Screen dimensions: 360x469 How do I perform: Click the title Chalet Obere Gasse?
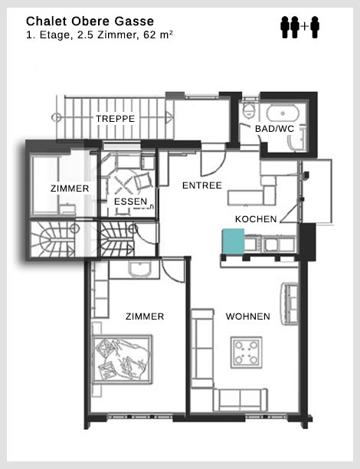click(90, 21)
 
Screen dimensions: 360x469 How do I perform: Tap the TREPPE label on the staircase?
click(115, 119)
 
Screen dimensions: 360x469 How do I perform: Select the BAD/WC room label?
click(274, 129)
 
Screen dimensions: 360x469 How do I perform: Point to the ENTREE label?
click(202, 185)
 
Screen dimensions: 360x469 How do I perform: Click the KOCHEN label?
click(256, 219)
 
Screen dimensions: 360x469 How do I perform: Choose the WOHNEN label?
click(248, 316)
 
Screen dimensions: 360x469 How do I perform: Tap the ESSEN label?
click(131, 202)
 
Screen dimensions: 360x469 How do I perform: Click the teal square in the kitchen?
click(233, 241)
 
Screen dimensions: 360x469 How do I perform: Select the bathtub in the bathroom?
click(283, 113)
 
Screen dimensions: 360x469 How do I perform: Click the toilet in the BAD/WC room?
click(248, 110)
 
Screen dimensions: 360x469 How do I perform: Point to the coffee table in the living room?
click(247, 353)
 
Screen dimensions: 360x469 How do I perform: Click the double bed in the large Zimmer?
click(123, 359)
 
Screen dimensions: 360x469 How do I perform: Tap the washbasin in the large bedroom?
click(139, 269)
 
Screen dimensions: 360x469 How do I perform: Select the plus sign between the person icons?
click(304, 27)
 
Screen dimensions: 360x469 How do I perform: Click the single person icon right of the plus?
click(315, 28)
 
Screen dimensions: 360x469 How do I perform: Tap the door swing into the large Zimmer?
click(173, 271)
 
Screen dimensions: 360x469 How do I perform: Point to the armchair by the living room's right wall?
click(289, 303)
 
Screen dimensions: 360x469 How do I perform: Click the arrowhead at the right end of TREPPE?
click(169, 117)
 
